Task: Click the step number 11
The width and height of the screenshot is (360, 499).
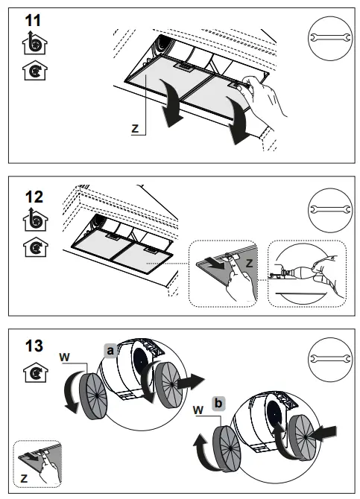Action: pyautogui.click(x=33, y=21)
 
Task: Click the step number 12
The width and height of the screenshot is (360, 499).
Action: pyautogui.click(x=34, y=197)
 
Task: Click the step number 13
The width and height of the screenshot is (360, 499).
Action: pyautogui.click(x=34, y=346)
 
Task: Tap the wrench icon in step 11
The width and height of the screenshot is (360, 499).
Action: pyautogui.click(x=330, y=38)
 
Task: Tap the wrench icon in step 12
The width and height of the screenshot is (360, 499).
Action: pyautogui.click(x=330, y=210)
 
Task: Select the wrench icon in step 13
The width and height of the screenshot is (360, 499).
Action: pyautogui.click(x=330, y=359)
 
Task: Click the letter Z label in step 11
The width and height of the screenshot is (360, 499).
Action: pyautogui.click(x=135, y=129)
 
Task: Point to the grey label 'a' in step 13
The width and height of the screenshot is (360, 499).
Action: pyautogui.click(x=110, y=351)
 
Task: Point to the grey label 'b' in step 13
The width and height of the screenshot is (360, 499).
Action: pyautogui.click(x=218, y=404)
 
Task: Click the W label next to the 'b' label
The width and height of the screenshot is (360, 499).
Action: pyautogui.click(x=198, y=410)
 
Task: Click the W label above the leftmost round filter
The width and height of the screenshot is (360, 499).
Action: pyautogui.click(x=64, y=357)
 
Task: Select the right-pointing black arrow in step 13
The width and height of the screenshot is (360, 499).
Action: pyautogui.click(x=191, y=381)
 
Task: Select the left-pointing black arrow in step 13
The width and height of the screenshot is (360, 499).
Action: pyautogui.click(x=323, y=433)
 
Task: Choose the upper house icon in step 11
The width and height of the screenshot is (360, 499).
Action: pyautogui.click(x=34, y=43)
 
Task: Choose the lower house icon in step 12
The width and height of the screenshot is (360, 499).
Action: pyautogui.click(x=35, y=247)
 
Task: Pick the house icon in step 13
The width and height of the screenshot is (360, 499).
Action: pyautogui.click(x=35, y=372)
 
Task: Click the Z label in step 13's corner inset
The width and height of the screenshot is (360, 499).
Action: pyautogui.click(x=24, y=478)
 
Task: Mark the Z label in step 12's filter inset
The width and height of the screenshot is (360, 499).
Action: pyautogui.click(x=249, y=263)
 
